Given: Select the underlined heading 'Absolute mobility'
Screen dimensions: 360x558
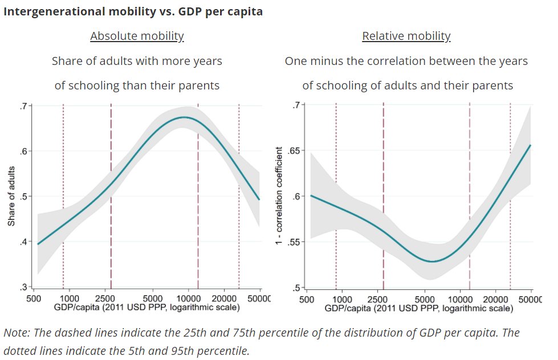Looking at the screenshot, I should pos(137,36).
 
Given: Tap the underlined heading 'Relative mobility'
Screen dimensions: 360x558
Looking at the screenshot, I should pos(406,36).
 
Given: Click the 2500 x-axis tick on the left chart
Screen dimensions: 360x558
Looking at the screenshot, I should pos(111,298).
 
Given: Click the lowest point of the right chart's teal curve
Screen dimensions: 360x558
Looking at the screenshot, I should pos(433,261).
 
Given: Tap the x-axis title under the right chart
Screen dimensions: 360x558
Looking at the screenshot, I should pos(419,308).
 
